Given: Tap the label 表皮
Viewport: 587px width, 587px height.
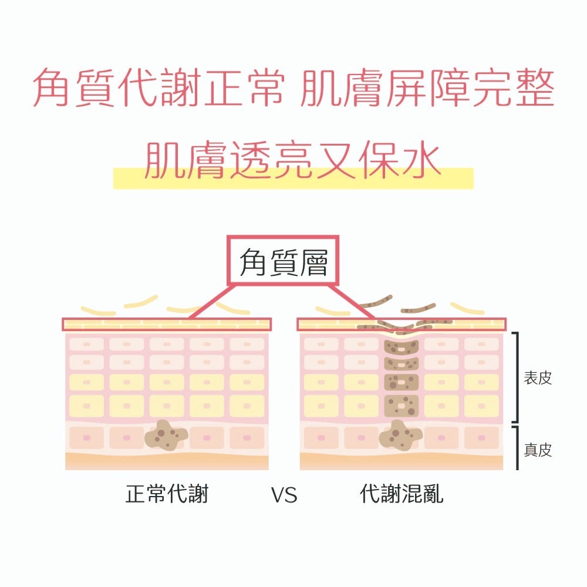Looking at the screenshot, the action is pyautogui.click(x=538, y=378).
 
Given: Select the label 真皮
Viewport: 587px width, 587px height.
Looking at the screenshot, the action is pyautogui.click(x=538, y=450).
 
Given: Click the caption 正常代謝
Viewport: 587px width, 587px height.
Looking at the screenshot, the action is pyautogui.click(x=167, y=494).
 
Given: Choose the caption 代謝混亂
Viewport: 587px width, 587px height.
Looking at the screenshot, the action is pyautogui.click(x=402, y=494).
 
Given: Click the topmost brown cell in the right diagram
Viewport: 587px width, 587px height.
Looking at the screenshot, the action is pyautogui.click(x=401, y=347).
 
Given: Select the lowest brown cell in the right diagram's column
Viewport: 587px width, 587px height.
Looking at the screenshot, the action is pyautogui.click(x=401, y=404).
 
